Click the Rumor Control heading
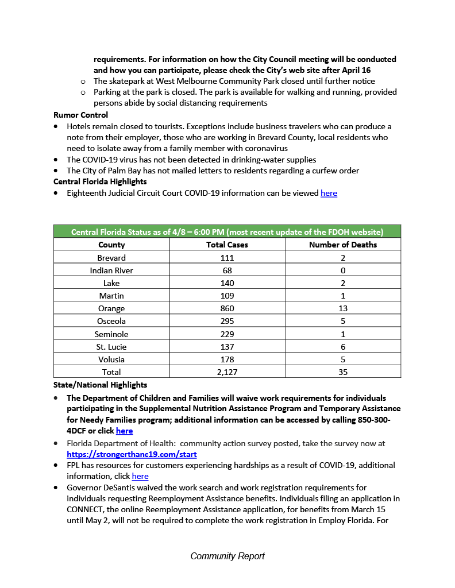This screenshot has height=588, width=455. [81, 115]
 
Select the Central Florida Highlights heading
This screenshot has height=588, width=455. [100, 182]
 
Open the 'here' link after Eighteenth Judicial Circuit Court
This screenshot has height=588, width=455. [329, 194]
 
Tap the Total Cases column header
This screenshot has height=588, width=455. [227, 245]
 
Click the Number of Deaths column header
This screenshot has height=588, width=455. [343, 245]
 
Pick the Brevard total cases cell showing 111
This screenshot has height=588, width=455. [227, 258]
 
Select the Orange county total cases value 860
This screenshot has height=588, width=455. [227, 308]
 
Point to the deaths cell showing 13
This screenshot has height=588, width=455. [343, 308]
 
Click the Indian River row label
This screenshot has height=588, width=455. [111, 270]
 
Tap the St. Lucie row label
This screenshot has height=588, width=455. [111, 347]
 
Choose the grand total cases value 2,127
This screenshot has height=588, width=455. [227, 372]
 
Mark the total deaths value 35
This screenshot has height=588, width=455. [343, 372]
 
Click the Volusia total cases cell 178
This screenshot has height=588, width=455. [227, 359]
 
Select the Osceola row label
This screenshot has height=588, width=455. [111, 321]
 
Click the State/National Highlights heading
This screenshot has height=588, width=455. [100, 385]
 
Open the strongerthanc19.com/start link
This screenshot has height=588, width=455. [132, 454]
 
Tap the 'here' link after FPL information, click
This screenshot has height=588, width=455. [140, 477]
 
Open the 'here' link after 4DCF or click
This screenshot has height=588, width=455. [124, 431]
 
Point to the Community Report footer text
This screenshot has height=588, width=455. [227, 556]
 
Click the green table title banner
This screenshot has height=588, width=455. [227, 232]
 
